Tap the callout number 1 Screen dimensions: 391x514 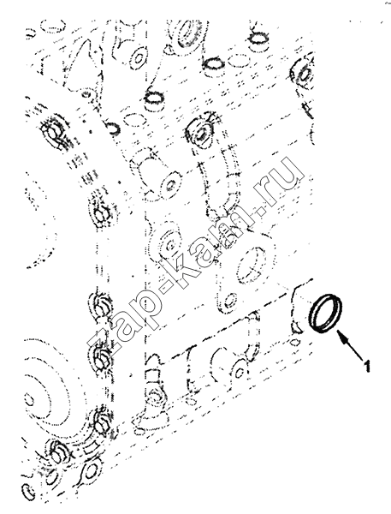click(367, 366)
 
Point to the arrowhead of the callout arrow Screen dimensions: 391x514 click(341, 337)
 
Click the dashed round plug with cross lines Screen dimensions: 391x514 click(250, 266)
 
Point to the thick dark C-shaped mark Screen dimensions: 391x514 click(114, 128)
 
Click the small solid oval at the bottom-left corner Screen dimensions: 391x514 click(28, 492)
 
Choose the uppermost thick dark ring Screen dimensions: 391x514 click(260, 39)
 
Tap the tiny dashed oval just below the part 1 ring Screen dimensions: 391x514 click(296, 343)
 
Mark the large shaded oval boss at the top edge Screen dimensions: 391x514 click(190, 33)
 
